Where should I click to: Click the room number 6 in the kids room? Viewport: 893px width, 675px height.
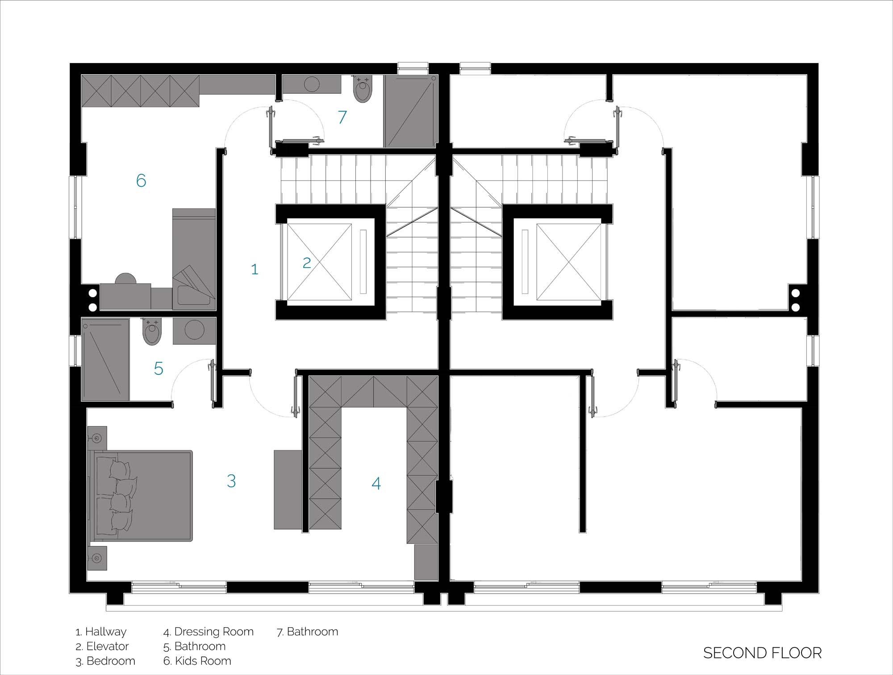coord(141,180)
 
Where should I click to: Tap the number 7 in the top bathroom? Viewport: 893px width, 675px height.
coord(342,117)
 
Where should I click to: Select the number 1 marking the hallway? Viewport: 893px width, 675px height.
coord(255,269)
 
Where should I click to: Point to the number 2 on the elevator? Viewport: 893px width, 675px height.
coord(306,263)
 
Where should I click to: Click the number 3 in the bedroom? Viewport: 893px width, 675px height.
coord(231,481)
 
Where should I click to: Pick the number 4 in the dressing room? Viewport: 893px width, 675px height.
coord(376,483)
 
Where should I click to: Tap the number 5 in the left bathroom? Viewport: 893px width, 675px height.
coord(159,369)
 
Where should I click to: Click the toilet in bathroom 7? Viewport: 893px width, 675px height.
coord(362,89)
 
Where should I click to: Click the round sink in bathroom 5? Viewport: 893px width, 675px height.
coord(195,331)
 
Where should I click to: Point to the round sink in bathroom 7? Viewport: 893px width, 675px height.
coord(312,84)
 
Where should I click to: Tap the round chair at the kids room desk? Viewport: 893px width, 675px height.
coord(125,278)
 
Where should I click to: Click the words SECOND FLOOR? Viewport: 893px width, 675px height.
coord(762,653)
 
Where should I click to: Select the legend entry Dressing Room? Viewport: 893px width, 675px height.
coord(209,632)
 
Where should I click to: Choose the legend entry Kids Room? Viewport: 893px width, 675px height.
coord(197,661)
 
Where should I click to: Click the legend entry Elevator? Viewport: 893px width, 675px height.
coord(102,646)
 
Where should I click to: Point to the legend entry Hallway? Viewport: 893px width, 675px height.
coord(101,632)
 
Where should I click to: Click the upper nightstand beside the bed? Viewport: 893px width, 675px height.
coord(97,438)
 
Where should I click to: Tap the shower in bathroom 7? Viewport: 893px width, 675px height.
coord(410,111)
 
